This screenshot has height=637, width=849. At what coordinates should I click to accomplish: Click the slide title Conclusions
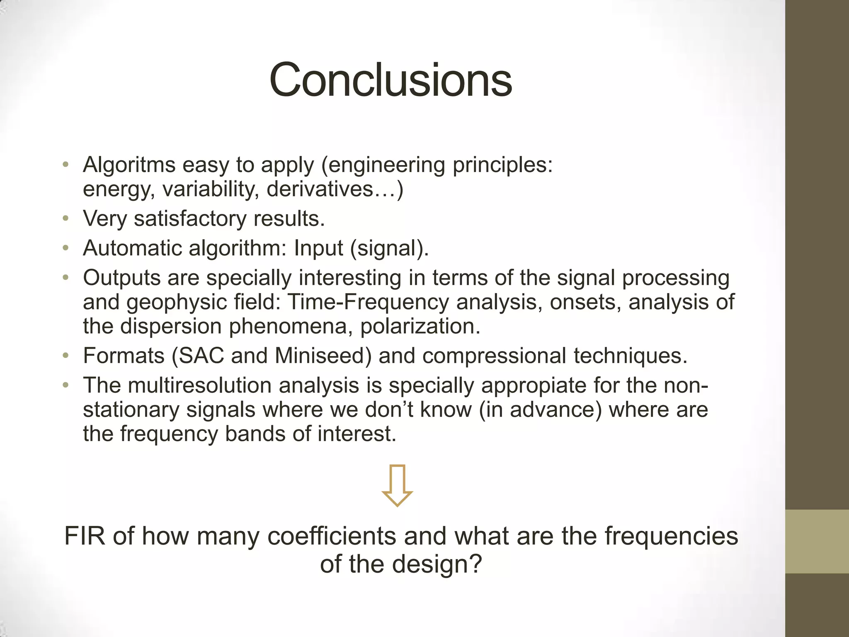[x=391, y=80]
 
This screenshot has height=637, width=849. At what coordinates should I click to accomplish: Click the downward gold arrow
[x=397, y=486]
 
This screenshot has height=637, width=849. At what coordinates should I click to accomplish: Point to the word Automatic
[x=132, y=248]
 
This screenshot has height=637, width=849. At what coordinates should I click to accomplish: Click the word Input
[x=318, y=248]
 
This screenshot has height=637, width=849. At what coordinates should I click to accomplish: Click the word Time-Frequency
[x=368, y=302]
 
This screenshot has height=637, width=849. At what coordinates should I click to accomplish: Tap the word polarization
[x=420, y=326]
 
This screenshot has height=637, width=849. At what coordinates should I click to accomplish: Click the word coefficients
[x=332, y=536]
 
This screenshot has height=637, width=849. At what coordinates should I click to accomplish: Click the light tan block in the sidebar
[x=817, y=542]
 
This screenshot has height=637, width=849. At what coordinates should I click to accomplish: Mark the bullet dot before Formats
[x=65, y=356]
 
